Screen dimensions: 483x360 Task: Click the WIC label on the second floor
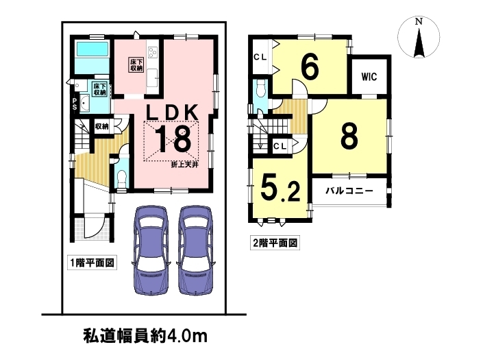click(x=369, y=76)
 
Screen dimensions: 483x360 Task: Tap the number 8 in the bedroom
click(x=349, y=135)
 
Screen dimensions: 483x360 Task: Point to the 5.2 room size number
click(x=280, y=190)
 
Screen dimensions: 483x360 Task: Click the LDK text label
click(x=172, y=113)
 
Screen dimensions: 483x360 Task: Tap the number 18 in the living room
click(x=173, y=140)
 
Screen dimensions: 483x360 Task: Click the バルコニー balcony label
click(x=349, y=191)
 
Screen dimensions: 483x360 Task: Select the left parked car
click(x=151, y=250)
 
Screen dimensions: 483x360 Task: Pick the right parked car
click(x=196, y=250)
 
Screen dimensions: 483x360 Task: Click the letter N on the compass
click(x=419, y=21)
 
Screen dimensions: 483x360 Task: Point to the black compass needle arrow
click(x=419, y=43)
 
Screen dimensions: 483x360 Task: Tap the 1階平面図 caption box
click(x=92, y=263)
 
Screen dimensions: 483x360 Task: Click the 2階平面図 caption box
click(x=275, y=243)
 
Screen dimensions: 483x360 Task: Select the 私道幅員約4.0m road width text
click(x=145, y=336)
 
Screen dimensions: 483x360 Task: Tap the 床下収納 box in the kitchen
click(x=136, y=65)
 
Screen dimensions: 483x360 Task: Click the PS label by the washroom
click(x=75, y=104)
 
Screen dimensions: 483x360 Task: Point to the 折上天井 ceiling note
click(x=184, y=165)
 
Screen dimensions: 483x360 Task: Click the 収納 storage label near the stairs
click(x=101, y=126)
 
